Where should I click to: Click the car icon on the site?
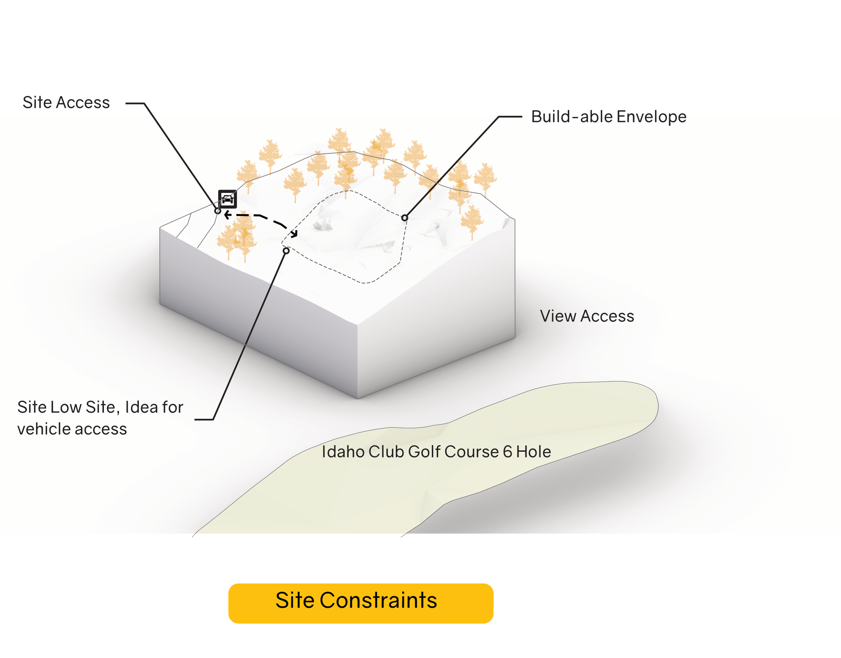pos(227,199)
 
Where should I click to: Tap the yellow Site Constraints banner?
pos(361,603)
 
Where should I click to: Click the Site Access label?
pos(66,102)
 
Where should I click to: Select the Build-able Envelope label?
pos(609,117)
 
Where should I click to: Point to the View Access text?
pos(586,316)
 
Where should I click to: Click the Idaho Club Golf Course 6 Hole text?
pos(436,452)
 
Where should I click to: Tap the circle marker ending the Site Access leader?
pos(217,211)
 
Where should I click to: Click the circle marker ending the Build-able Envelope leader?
pos(404,218)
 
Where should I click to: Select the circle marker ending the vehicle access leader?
pos(286,251)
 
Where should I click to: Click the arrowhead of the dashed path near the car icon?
pos(227,215)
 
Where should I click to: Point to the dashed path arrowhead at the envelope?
pos(295,234)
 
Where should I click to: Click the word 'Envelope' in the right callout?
pos(651,117)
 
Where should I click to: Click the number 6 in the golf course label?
pos(507,452)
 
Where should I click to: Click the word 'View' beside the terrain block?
pos(557,316)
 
